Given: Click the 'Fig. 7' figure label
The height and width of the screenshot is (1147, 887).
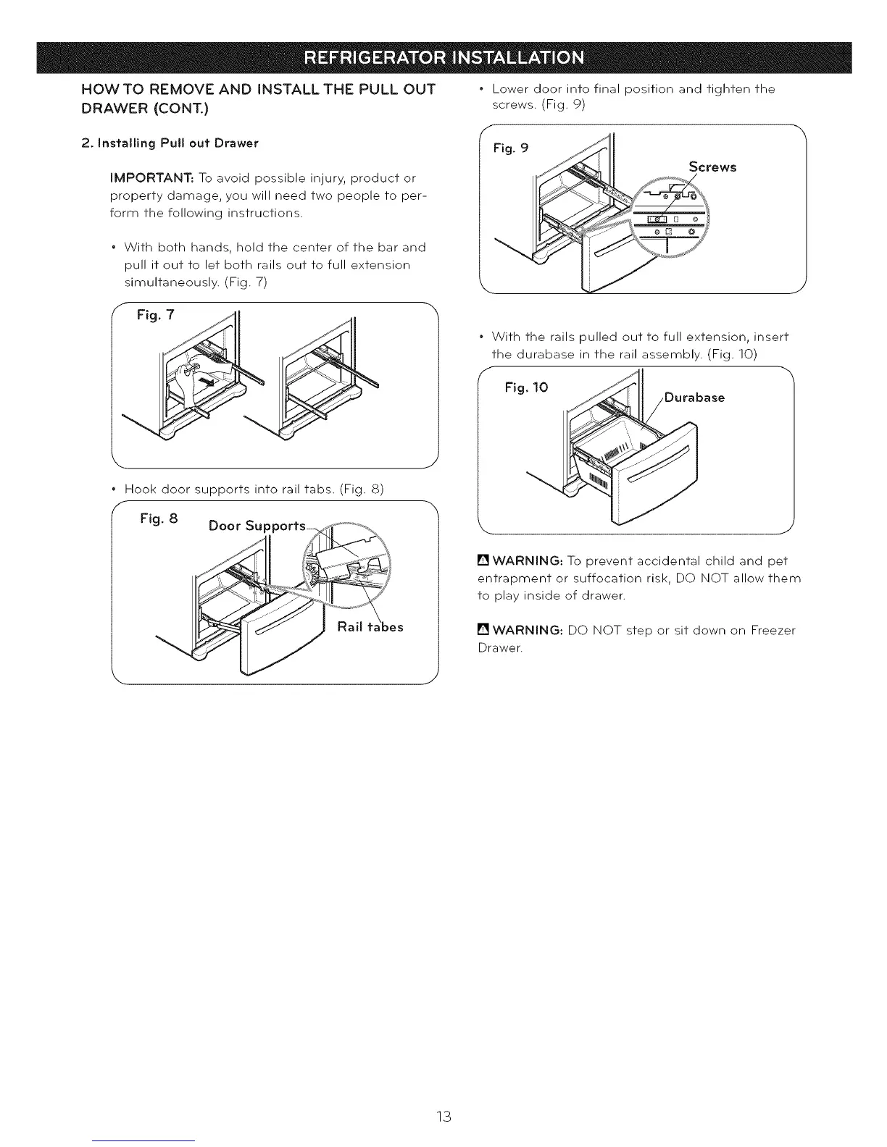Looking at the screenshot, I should pos(156,316).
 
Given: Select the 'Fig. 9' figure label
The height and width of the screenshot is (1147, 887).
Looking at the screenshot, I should pos(511,148).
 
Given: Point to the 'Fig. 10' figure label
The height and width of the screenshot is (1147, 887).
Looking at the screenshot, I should pos(526,387).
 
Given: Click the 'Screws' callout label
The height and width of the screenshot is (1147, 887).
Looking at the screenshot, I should pos(712,167).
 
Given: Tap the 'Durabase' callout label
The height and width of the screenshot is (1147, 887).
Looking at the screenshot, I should pos(694,398).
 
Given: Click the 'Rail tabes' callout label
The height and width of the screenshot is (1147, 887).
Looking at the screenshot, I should pos(370,626).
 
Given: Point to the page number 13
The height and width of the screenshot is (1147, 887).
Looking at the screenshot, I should pos(444,1116).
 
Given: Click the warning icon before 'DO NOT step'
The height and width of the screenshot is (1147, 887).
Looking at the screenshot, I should pos(483,631).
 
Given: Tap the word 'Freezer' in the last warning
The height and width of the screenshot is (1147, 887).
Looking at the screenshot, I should pos(773,631).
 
